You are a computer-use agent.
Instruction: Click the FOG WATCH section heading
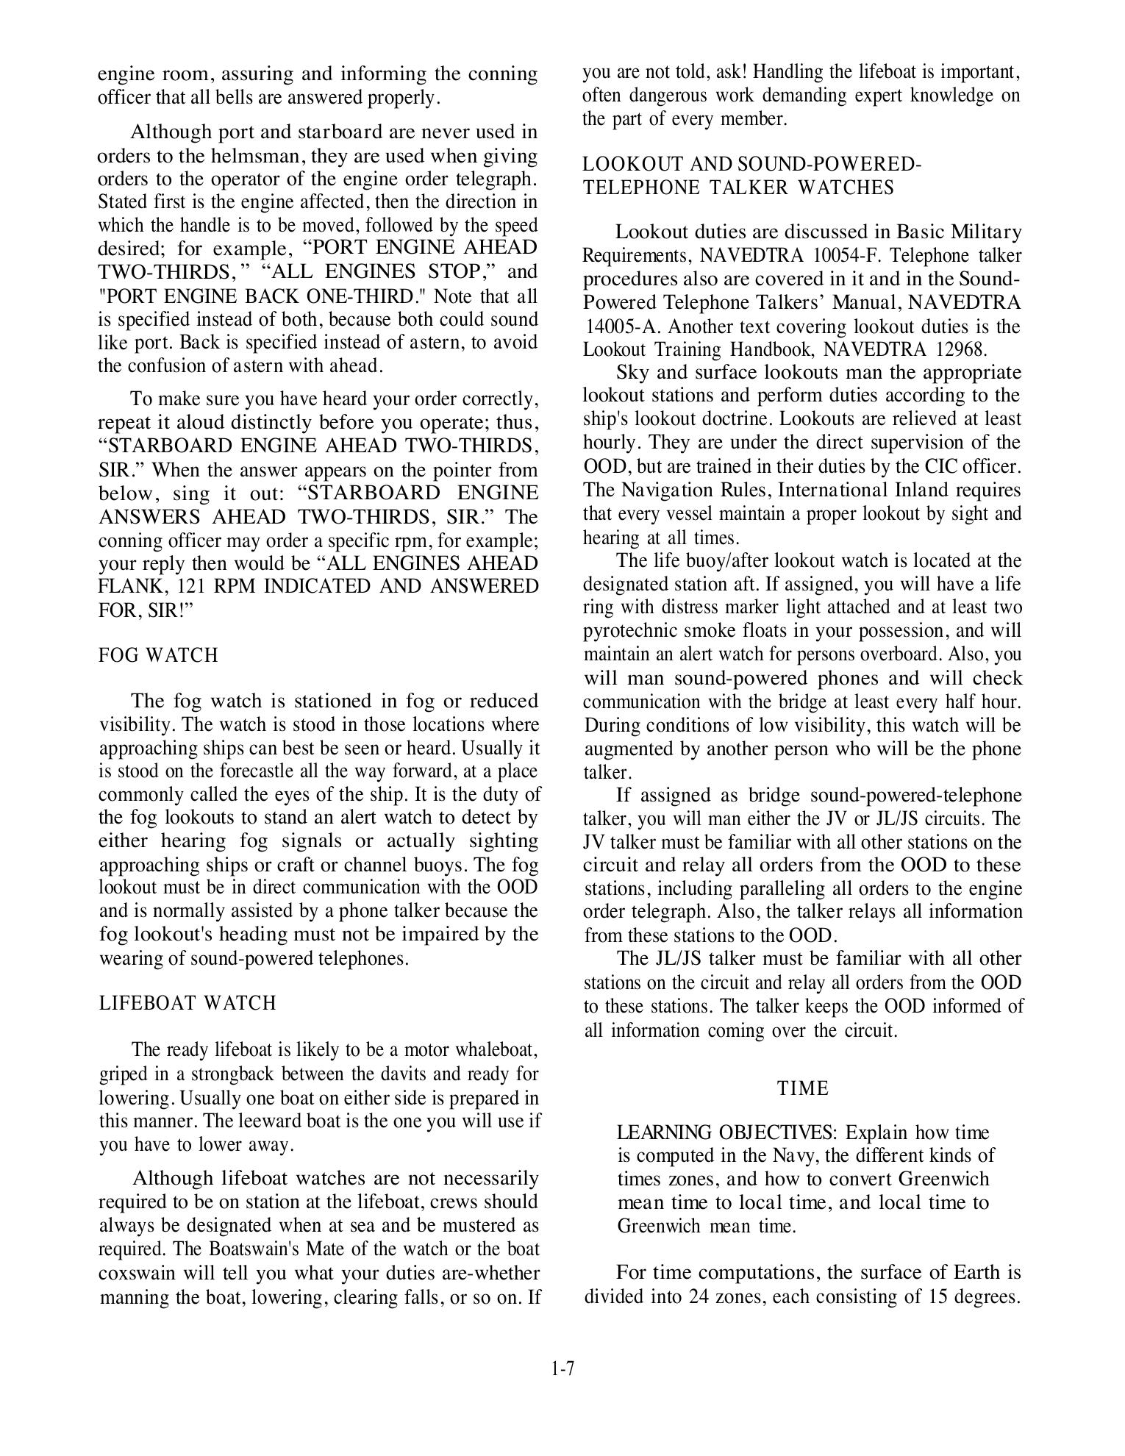[158, 655]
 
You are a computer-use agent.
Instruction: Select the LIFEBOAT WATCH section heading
[187, 1004]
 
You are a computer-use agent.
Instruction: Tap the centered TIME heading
[803, 1088]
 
